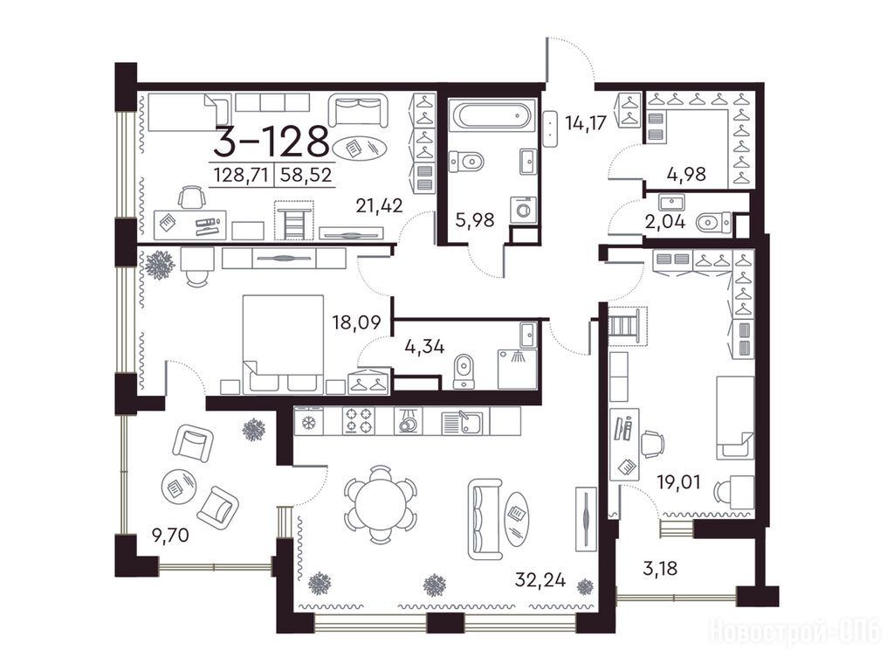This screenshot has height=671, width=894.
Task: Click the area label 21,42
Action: [x=379, y=205]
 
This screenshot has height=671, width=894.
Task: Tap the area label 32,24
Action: [x=540, y=580]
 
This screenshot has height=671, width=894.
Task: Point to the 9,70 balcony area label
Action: [x=170, y=536]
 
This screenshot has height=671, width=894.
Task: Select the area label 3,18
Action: [x=660, y=568]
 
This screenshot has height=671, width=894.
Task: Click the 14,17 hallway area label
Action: [x=585, y=122]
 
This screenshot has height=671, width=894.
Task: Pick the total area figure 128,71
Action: [x=241, y=175]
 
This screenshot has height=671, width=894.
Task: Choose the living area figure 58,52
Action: [x=305, y=175]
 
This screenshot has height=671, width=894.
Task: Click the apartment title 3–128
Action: [x=272, y=142]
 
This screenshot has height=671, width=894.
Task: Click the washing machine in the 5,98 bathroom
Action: [x=524, y=210]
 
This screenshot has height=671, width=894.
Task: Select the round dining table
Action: [x=380, y=504]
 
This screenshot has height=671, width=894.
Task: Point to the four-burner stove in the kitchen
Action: [x=359, y=422]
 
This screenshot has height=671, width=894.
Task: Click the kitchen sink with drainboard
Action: [x=463, y=423]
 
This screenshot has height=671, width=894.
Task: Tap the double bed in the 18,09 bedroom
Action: [x=283, y=344]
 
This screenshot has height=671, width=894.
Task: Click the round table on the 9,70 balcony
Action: [x=178, y=486]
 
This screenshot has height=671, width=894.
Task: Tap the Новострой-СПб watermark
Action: [x=794, y=632]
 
